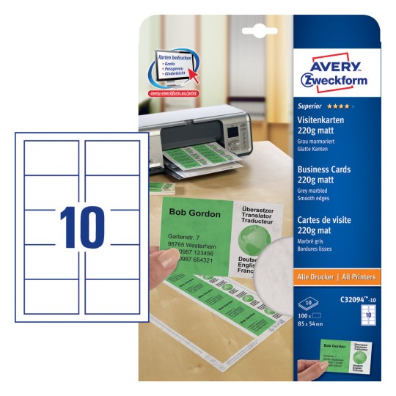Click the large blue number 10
coord(81,228)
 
